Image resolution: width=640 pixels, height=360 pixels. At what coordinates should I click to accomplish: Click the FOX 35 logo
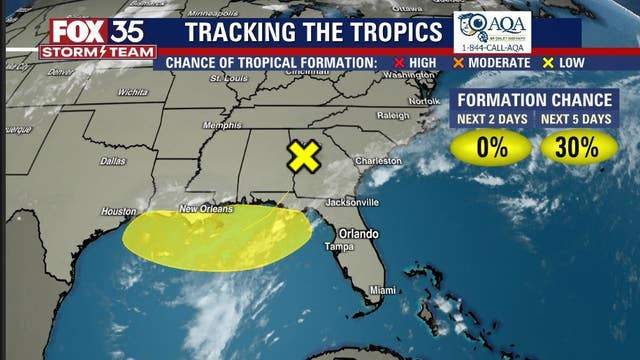pos(98,29)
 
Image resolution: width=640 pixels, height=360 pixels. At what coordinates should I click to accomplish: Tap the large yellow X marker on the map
pos(304,156)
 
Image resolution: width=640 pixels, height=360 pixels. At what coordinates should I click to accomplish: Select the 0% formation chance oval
pos(491,148)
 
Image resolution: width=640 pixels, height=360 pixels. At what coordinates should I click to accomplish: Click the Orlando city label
pos(356,233)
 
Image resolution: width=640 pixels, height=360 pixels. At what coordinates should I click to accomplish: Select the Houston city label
pos(118,212)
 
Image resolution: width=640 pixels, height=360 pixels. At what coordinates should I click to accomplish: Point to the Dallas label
pos(113,161)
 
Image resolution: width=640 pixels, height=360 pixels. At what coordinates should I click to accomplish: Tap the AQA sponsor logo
pos(491,32)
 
